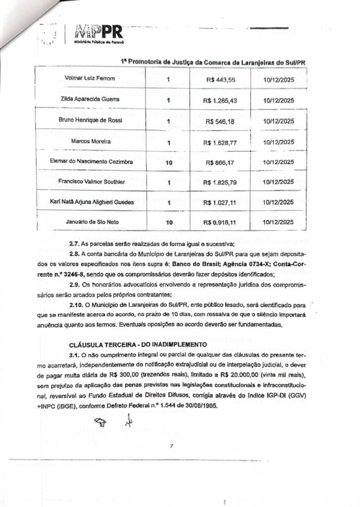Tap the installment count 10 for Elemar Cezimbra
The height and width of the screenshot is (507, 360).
(169, 162)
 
